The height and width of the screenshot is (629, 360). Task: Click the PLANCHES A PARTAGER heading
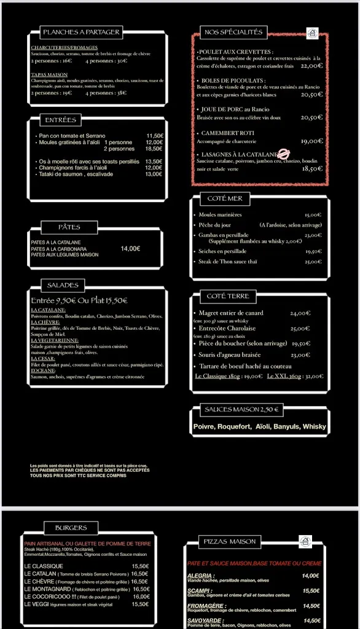click(x=81, y=32)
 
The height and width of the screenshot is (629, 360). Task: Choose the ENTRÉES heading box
click(x=60, y=120)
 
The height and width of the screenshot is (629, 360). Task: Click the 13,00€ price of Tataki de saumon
click(x=154, y=174)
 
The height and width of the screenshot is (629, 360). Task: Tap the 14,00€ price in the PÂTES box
click(x=130, y=249)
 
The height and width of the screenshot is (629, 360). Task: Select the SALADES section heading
click(x=63, y=285)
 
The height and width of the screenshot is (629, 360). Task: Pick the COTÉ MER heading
click(x=225, y=198)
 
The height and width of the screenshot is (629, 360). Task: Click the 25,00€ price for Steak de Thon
click(x=313, y=262)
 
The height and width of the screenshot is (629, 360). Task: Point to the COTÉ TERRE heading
click(x=228, y=296)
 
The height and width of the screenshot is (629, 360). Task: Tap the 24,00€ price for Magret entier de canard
click(x=300, y=313)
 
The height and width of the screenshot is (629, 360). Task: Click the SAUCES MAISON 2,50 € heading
click(x=241, y=409)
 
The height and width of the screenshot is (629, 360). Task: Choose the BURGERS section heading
click(x=71, y=528)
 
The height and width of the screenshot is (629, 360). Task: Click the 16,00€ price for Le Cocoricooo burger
click(x=141, y=596)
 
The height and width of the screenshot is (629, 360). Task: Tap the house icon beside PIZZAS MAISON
click(x=305, y=541)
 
